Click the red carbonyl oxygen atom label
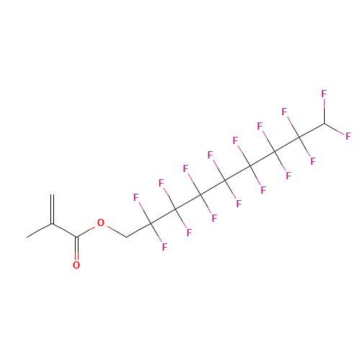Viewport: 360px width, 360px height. [x=76, y=265]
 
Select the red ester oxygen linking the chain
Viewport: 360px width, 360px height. [x=101, y=223]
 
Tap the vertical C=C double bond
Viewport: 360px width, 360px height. [x=52, y=210]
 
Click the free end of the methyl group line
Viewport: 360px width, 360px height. [x=27, y=238]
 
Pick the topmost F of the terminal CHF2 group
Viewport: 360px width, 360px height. [x=324, y=94]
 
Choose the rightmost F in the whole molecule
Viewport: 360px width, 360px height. [x=348, y=136]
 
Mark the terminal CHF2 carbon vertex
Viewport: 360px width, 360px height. [x=325, y=123]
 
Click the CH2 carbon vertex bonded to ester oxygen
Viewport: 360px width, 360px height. [x=126, y=238]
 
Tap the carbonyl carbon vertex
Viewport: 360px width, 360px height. [x=76, y=237]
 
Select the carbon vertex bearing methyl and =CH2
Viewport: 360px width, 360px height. [x=52, y=224]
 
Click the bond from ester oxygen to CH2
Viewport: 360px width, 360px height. [x=117, y=232]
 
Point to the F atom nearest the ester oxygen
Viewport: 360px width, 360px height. [x=136, y=197]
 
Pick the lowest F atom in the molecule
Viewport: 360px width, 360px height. [x=165, y=247]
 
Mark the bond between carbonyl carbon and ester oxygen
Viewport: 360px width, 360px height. [x=86, y=232]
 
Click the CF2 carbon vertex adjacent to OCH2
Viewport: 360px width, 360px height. [x=150, y=223]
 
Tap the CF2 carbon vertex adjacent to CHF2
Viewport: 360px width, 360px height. [x=300, y=138]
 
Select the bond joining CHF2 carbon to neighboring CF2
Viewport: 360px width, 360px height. [x=312, y=130]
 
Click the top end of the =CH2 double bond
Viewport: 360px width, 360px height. [x=52, y=194]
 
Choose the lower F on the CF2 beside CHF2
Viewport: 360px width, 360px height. [x=313, y=161]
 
